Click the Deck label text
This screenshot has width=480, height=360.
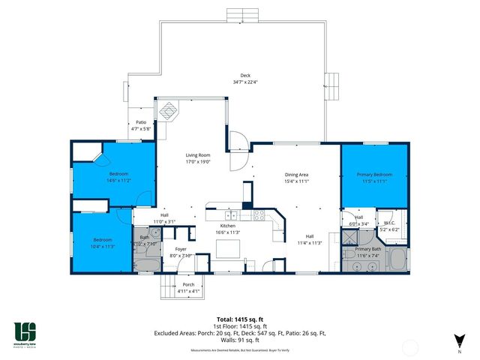point(245,75)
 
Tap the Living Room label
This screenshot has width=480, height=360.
point(199,154)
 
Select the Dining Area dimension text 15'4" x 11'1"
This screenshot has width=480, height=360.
point(297,181)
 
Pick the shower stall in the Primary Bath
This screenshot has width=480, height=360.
point(350,237)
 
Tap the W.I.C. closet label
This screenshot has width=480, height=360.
point(388,222)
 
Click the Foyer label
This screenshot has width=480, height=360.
point(181,249)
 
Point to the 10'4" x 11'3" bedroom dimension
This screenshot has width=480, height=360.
point(103,246)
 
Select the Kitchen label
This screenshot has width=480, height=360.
point(228,226)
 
